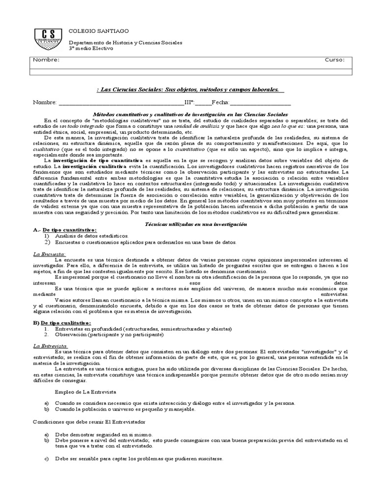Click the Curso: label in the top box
coord(335,60)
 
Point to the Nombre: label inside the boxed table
coord(46,60)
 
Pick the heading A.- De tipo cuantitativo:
coord(65,230)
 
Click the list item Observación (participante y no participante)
coord(109,335)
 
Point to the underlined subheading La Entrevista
coord(50,346)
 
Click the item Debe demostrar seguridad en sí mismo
coord(104,434)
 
